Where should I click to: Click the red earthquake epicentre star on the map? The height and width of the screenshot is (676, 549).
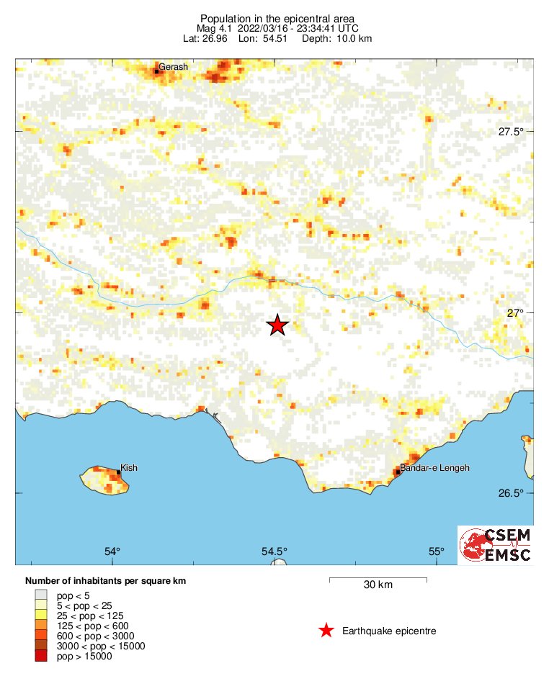coord(277,325)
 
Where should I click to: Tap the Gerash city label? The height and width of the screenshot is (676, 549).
coord(173,67)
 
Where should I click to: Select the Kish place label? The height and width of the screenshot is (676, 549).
coord(129,467)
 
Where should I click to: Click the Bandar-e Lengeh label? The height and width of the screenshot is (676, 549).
coord(434,468)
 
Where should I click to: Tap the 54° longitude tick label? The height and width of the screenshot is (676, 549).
coord(112,551)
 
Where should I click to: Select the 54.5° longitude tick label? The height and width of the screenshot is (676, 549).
coord(274,551)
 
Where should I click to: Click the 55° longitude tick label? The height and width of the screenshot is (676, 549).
coord(437,551)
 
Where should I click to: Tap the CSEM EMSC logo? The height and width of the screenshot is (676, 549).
coord(496,545)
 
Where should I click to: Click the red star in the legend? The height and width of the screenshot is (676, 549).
coord(326,631)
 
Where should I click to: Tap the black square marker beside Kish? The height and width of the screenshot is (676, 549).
coord(118,472)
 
